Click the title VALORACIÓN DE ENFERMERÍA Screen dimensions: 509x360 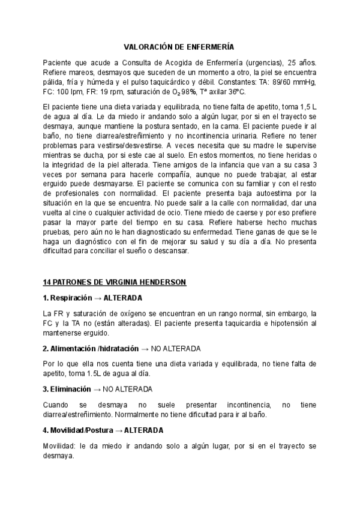point(179,46)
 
